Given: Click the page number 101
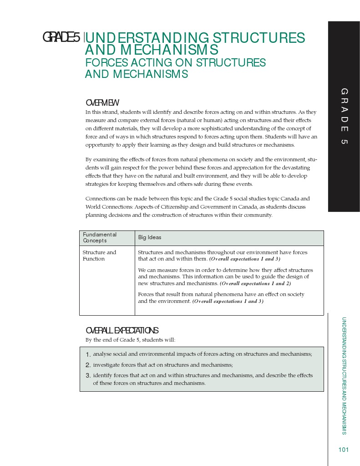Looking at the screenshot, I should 343,450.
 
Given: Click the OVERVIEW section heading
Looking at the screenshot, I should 102,103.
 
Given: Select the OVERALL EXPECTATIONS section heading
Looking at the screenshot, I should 122,330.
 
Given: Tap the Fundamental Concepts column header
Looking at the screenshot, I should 99,237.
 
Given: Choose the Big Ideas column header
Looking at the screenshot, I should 150,237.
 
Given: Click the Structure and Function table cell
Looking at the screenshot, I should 99,256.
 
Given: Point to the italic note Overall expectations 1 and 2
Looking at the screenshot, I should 255,283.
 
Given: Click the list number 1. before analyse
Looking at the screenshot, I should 88,354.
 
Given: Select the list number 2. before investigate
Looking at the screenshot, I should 88,365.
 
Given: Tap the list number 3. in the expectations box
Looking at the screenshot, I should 88,376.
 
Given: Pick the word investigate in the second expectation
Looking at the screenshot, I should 107,365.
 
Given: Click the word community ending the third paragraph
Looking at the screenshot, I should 258,215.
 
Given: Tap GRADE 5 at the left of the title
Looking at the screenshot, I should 61,37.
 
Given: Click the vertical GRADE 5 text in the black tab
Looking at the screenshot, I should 344,116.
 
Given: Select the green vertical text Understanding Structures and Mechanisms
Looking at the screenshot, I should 344,375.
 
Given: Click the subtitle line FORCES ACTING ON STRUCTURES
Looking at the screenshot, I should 175,62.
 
